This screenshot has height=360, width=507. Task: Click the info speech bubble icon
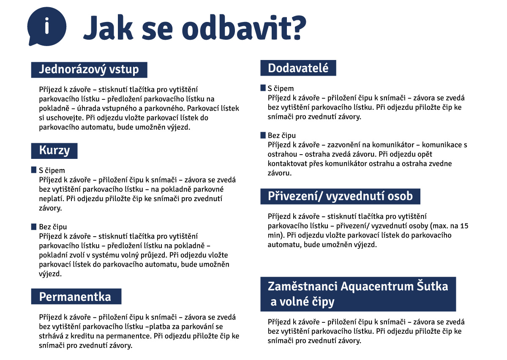(46, 26)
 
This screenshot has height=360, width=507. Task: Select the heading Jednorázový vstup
(89, 70)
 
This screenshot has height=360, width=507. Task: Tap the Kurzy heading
(55, 150)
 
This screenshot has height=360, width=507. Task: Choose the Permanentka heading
(76, 296)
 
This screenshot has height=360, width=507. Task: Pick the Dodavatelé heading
(298, 68)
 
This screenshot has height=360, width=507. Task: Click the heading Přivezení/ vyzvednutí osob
(340, 196)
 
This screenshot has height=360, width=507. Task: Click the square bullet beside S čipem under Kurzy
(34, 170)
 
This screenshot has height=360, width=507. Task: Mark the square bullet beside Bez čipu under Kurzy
(34, 226)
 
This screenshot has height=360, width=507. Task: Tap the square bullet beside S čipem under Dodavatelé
(263, 88)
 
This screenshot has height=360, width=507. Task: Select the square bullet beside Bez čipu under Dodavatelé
(263, 135)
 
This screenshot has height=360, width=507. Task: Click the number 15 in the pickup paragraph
(464, 226)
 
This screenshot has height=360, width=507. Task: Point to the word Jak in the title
(109, 28)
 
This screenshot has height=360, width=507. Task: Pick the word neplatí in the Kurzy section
(52, 199)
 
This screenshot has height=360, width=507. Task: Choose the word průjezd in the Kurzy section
(154, 255)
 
